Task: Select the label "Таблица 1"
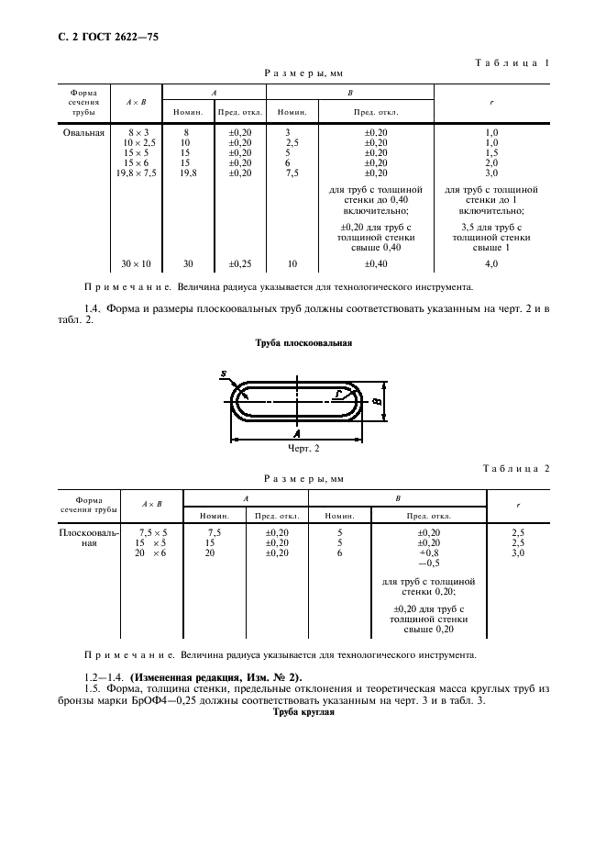512,63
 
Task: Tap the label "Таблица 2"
515,468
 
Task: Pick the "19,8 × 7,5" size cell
136,172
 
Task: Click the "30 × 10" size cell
136,264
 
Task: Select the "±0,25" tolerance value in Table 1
239,264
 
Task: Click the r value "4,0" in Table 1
491,264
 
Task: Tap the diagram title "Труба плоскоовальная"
302,343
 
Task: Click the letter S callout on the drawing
223,374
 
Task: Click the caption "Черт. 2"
303,449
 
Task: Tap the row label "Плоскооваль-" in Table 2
88,532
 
